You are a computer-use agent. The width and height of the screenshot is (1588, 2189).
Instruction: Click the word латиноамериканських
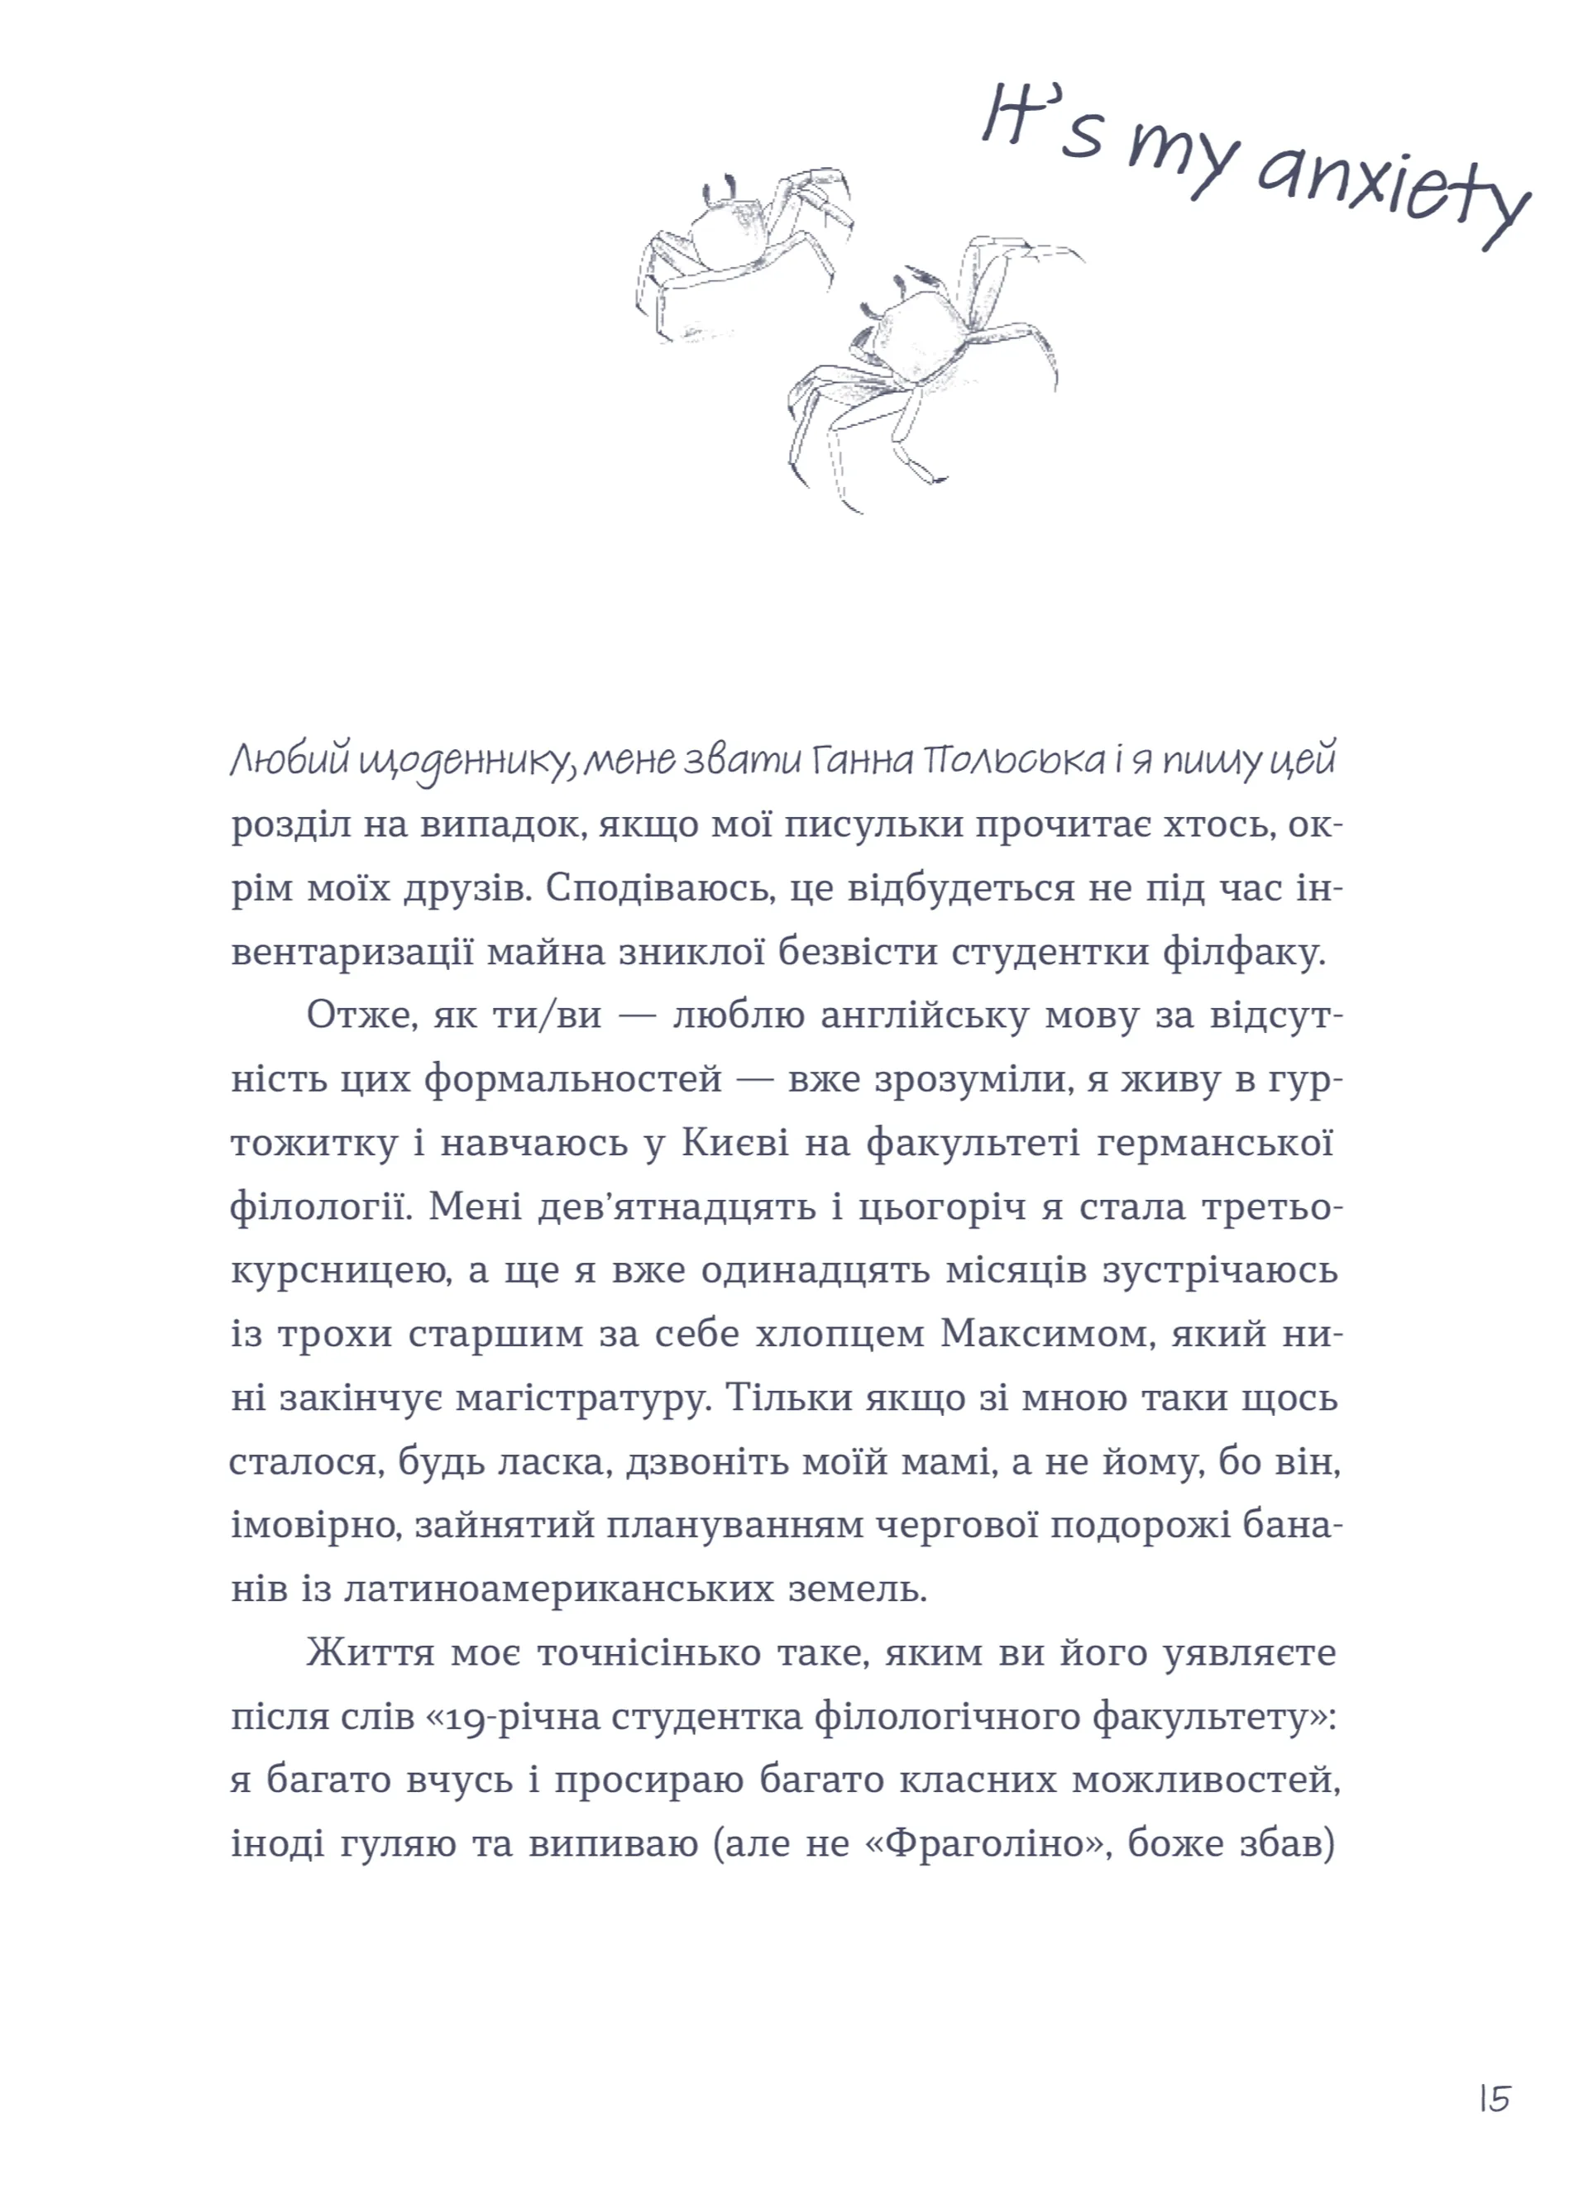(x=559, y=1589)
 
